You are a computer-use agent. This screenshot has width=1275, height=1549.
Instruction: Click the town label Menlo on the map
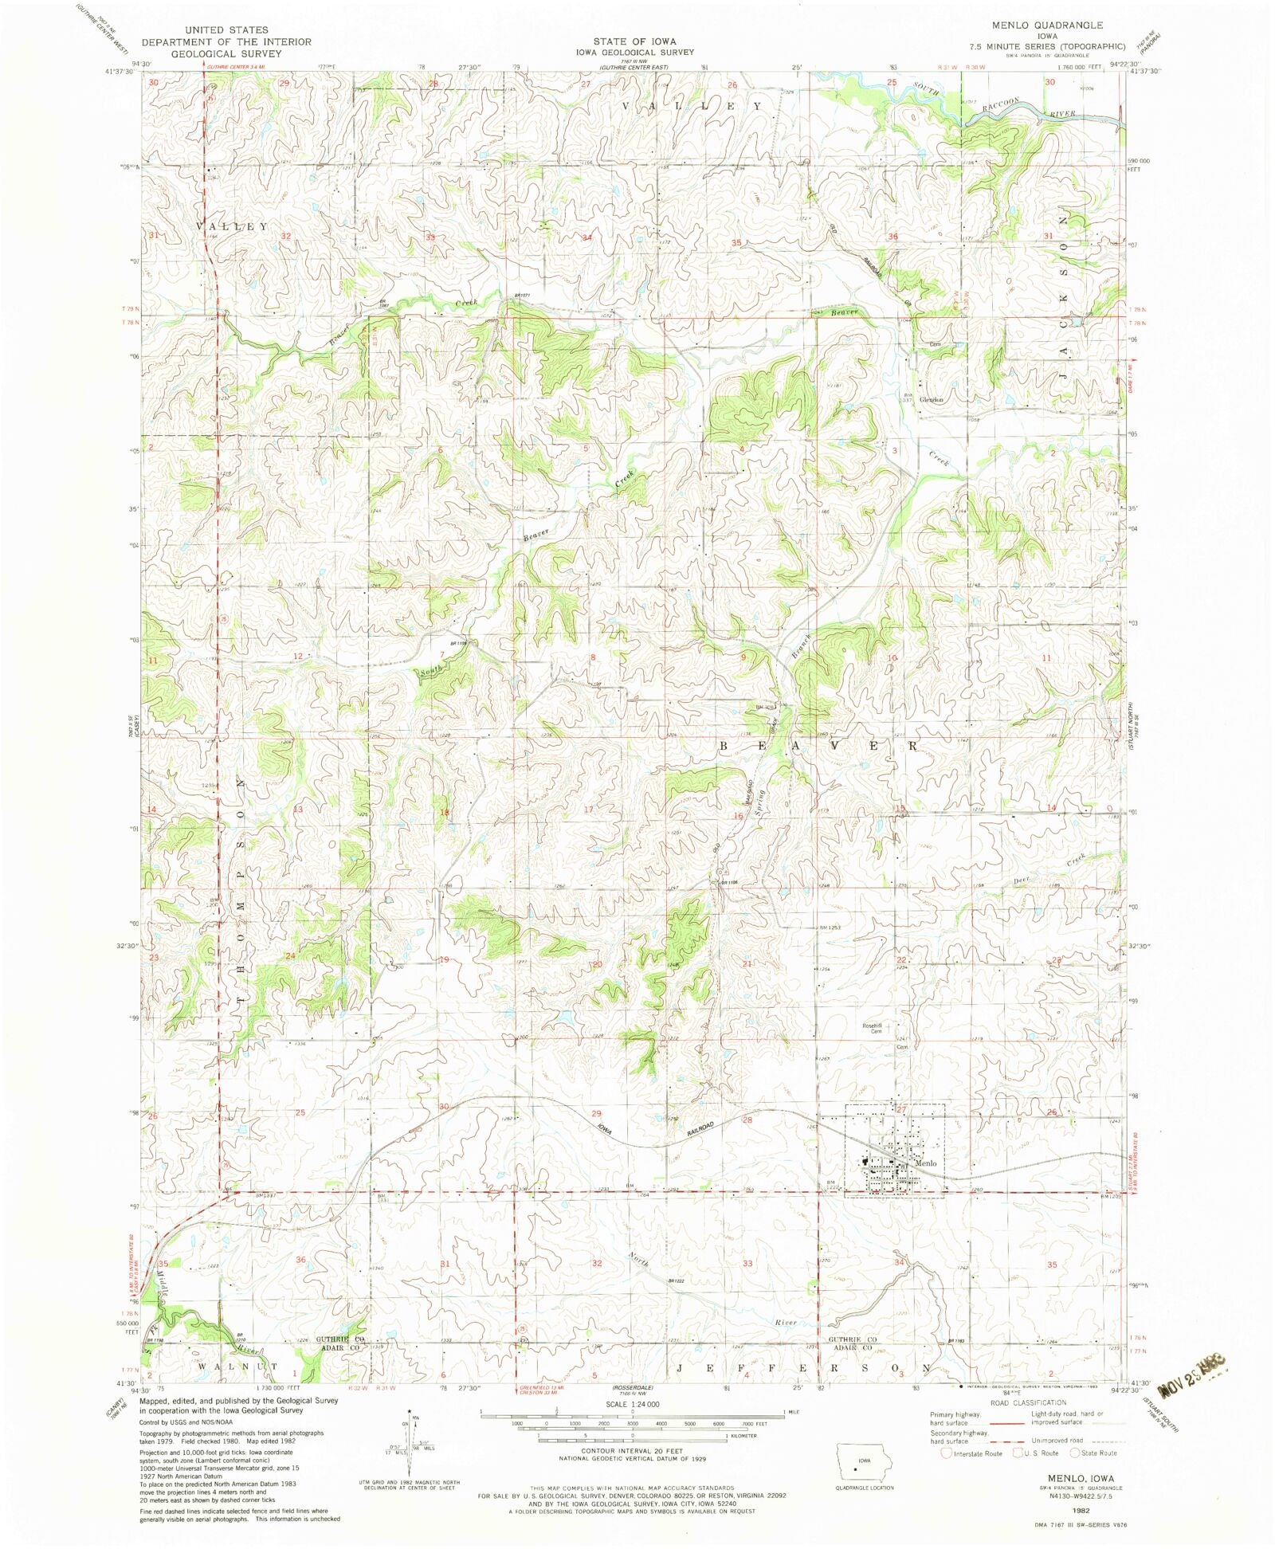[926, 1163]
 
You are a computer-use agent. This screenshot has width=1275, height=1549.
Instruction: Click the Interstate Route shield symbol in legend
[946, 1453]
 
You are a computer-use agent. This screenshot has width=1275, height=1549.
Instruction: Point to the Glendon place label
[931, 400]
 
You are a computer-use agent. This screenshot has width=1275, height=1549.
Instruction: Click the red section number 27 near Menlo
[902, 1109]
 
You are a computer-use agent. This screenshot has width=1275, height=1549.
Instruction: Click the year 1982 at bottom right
[1057, 1509]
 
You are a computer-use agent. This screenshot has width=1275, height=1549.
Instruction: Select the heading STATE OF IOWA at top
[634, 41]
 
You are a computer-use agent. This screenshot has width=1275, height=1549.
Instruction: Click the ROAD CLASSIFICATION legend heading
[1027, 1402]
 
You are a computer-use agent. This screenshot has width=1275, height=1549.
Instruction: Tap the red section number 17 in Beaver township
[589, 810]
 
